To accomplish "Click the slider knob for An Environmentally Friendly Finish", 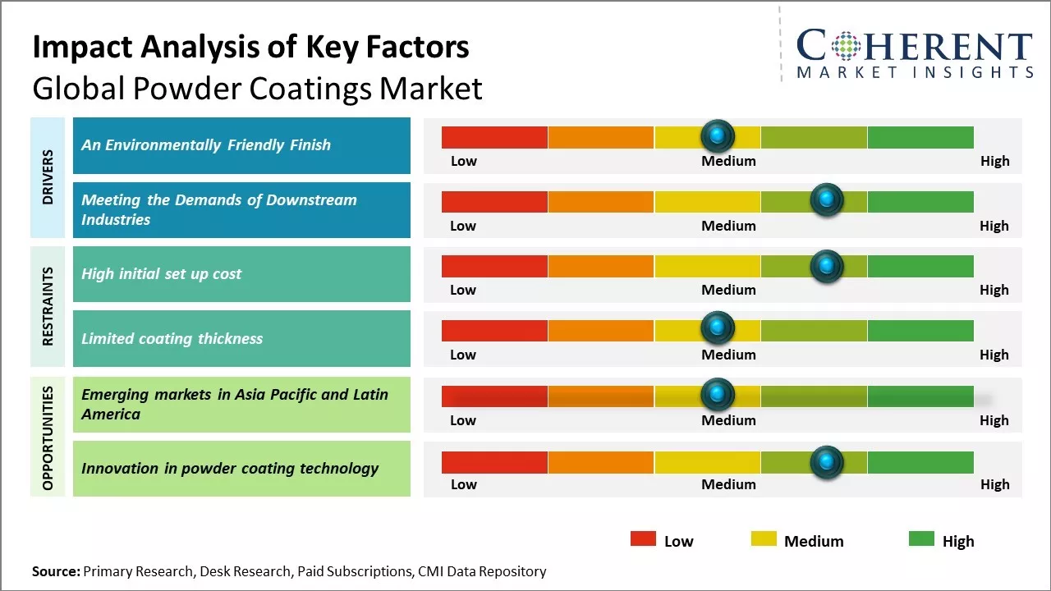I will coord(718,135).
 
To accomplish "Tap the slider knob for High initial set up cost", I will coord(826,265).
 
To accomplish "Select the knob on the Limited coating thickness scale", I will coord(718,328).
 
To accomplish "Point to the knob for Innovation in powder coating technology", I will coord(826,462).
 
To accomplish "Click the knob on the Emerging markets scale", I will coord(718,394).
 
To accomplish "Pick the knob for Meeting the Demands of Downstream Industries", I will coord(826,199).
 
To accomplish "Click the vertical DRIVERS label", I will coord(48,177).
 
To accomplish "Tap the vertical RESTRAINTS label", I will coord(48,306).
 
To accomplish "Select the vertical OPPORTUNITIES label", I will coord(48,438).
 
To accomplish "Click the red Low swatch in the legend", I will coord(643,538).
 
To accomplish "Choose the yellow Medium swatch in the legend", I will coord(764,538).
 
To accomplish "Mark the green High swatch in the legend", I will coord(921,538).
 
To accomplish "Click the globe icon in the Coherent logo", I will coord(845,46).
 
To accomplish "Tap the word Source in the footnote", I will coord(56,571).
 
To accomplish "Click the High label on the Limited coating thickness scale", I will coord(994,355).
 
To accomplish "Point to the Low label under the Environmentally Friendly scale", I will coord(463,161).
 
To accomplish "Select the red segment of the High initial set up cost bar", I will coord(494,265).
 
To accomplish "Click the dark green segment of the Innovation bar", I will coord(920,462).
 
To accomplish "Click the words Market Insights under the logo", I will coord(915,72).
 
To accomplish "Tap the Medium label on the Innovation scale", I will coord(728,484).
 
